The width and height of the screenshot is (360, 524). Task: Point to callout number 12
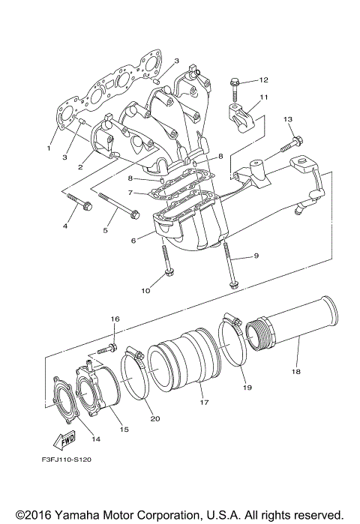[263, 79]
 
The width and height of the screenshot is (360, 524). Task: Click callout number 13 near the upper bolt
[288, 119]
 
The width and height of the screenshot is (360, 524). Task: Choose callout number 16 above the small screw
[115, 319]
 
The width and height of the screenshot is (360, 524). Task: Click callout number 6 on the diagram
[133, 241]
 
